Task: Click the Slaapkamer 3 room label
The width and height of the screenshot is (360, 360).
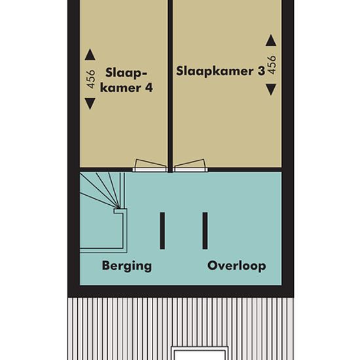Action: pyautogui.click(x=221, y=71)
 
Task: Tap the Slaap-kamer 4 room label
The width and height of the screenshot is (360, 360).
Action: pyautogui.click(x=126, y=81)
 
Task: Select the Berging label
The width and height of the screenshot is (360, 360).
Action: pyautogui.click(x=127, y=266)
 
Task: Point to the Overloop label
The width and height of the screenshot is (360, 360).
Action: pyautogui.click(x=237, y=266)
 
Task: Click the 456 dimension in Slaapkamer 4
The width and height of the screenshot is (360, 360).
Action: pyautogui.click(x=91, y=79)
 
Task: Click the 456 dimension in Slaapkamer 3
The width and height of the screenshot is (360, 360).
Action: pyautogui.click(x=272, y=65)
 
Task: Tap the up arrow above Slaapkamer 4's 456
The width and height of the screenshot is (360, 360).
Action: pyautogui.click(x=90, y=54)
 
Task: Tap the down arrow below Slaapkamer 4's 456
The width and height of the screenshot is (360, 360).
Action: pyautogui.click(x=90, y=104)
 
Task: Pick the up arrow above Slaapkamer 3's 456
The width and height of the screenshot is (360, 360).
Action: pyautogui.click(x=271, y=40)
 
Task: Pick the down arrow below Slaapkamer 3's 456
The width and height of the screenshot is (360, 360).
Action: pyautogui.click(x=271, y=90)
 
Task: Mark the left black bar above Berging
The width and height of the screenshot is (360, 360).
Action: pyautogui.click(x=162, y=231)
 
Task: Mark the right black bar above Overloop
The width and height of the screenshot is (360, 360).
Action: pyautogui.click(x=205, y=231)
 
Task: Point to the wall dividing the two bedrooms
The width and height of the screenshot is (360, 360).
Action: pyautogui.click(x=170, y=86)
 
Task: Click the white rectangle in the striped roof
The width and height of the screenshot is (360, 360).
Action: pyautogui.click(x=200, y=353)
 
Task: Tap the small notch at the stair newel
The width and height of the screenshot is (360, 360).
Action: pyautogui.click(x=120, y=211)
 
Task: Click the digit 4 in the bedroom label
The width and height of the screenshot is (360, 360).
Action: pyautogui.click(x=149, y=88)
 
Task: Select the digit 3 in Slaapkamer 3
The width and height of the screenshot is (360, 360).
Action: pyautogui.click(x=261, y=71)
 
